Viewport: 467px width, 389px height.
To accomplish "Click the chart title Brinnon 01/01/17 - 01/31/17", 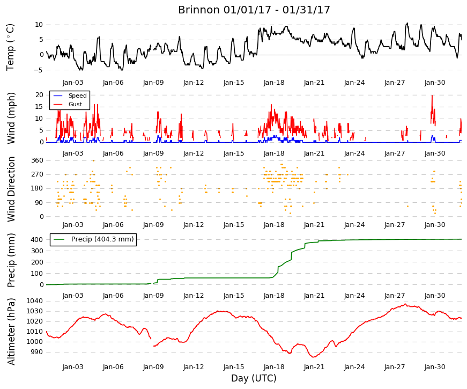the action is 254,10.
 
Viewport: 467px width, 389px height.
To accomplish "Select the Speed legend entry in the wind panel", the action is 77,96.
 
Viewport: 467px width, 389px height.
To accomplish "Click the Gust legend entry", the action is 75,104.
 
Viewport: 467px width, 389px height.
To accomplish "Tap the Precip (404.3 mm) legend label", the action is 102,239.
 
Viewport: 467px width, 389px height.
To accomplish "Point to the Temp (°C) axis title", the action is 10,47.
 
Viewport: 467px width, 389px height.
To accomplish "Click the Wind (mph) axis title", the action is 11,119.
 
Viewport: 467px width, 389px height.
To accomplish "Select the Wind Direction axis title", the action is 11,189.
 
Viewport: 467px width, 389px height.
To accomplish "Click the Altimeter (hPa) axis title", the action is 11,331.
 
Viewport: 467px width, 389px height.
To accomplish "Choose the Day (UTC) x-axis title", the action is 254,378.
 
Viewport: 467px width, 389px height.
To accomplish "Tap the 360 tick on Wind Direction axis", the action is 37,160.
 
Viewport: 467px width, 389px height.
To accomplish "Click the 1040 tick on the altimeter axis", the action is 34,301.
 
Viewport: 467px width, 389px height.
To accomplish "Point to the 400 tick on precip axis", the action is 37,240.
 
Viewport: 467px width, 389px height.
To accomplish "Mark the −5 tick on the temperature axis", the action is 39,70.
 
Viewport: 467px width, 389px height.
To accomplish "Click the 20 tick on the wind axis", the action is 39,95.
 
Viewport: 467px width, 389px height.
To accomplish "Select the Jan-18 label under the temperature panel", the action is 274,83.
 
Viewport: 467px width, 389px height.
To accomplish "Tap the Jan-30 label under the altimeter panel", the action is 435,367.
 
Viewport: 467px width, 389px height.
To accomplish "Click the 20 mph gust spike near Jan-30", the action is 432,96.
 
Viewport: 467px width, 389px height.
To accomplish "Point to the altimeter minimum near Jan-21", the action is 314,357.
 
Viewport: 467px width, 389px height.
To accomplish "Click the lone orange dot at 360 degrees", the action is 93,160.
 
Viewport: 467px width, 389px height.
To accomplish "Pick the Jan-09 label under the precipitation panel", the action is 153,296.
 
